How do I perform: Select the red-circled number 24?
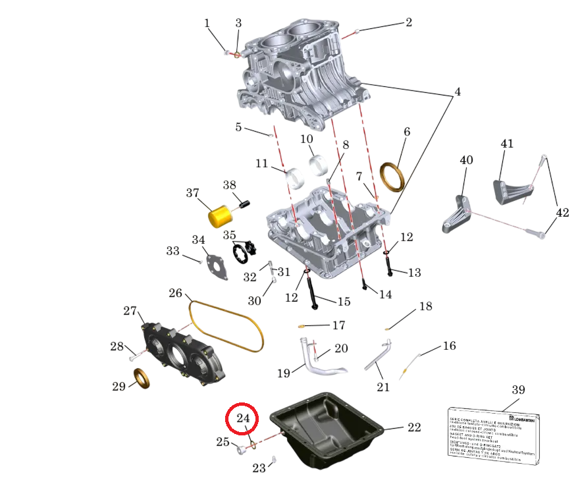pos(243,418)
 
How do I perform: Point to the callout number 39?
pos(518,390)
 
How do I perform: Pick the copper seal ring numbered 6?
pos(394,177)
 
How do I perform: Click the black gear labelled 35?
pos(245,252)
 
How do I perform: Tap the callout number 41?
pos(507,144)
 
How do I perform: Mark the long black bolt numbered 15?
pos(312,292)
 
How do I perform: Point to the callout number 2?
pos(408,22)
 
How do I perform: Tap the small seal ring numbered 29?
pos(142,379)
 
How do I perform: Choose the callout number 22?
pos(413,427)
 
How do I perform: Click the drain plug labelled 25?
pos(240,451)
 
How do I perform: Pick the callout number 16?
pos(449,346)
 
